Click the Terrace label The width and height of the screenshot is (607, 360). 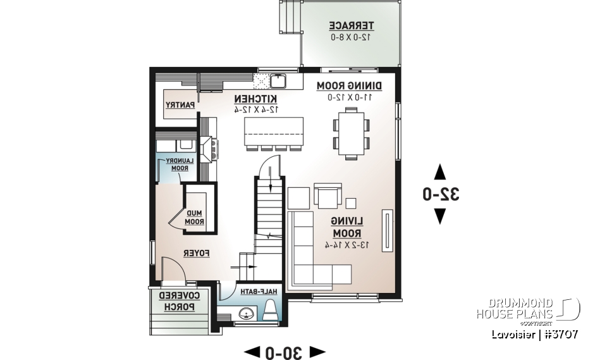click(x=351, y=26)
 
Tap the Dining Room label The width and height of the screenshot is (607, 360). click(x=350, y=85)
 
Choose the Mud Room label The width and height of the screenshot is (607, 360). click(x=194, y=216)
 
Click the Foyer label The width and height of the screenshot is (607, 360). click(x=197, y=253)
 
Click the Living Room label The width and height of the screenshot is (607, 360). click(x=348, y=227)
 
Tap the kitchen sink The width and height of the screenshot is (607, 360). click(x=279, y=80)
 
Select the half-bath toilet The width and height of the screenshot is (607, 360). click(x=269, y=310)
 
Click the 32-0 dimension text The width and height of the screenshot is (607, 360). click(x=441, y=194)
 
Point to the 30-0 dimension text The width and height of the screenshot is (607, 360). click(x=284, y=352)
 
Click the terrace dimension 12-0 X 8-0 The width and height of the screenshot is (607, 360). click(x=351, y=37)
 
